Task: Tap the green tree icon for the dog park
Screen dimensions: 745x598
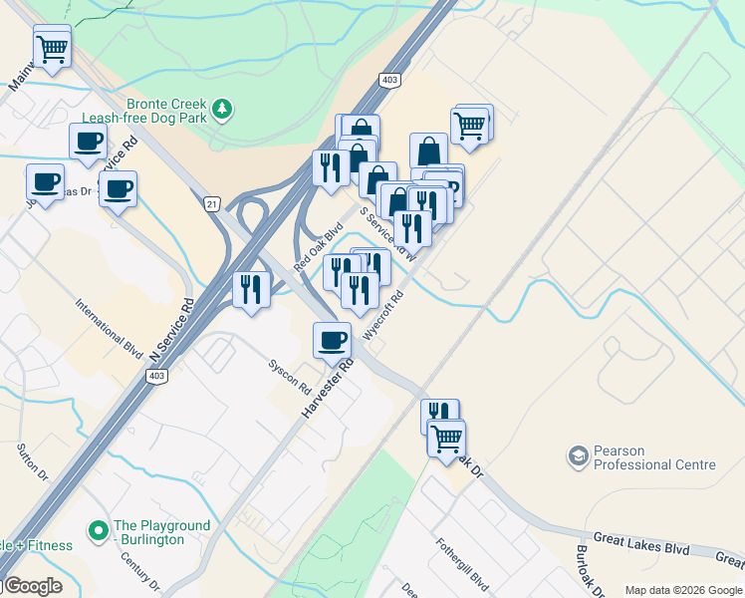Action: click(x=224, y=108)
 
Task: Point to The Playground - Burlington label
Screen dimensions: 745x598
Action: click(x=162, y=532)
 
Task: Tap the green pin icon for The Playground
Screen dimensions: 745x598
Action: click(x=99, y=529)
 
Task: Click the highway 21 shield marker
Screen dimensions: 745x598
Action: click(x=211, y=203)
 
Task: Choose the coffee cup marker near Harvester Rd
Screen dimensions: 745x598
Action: click(x=332, y=340)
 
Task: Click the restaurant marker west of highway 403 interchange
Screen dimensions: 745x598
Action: click(x=250, y=289)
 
